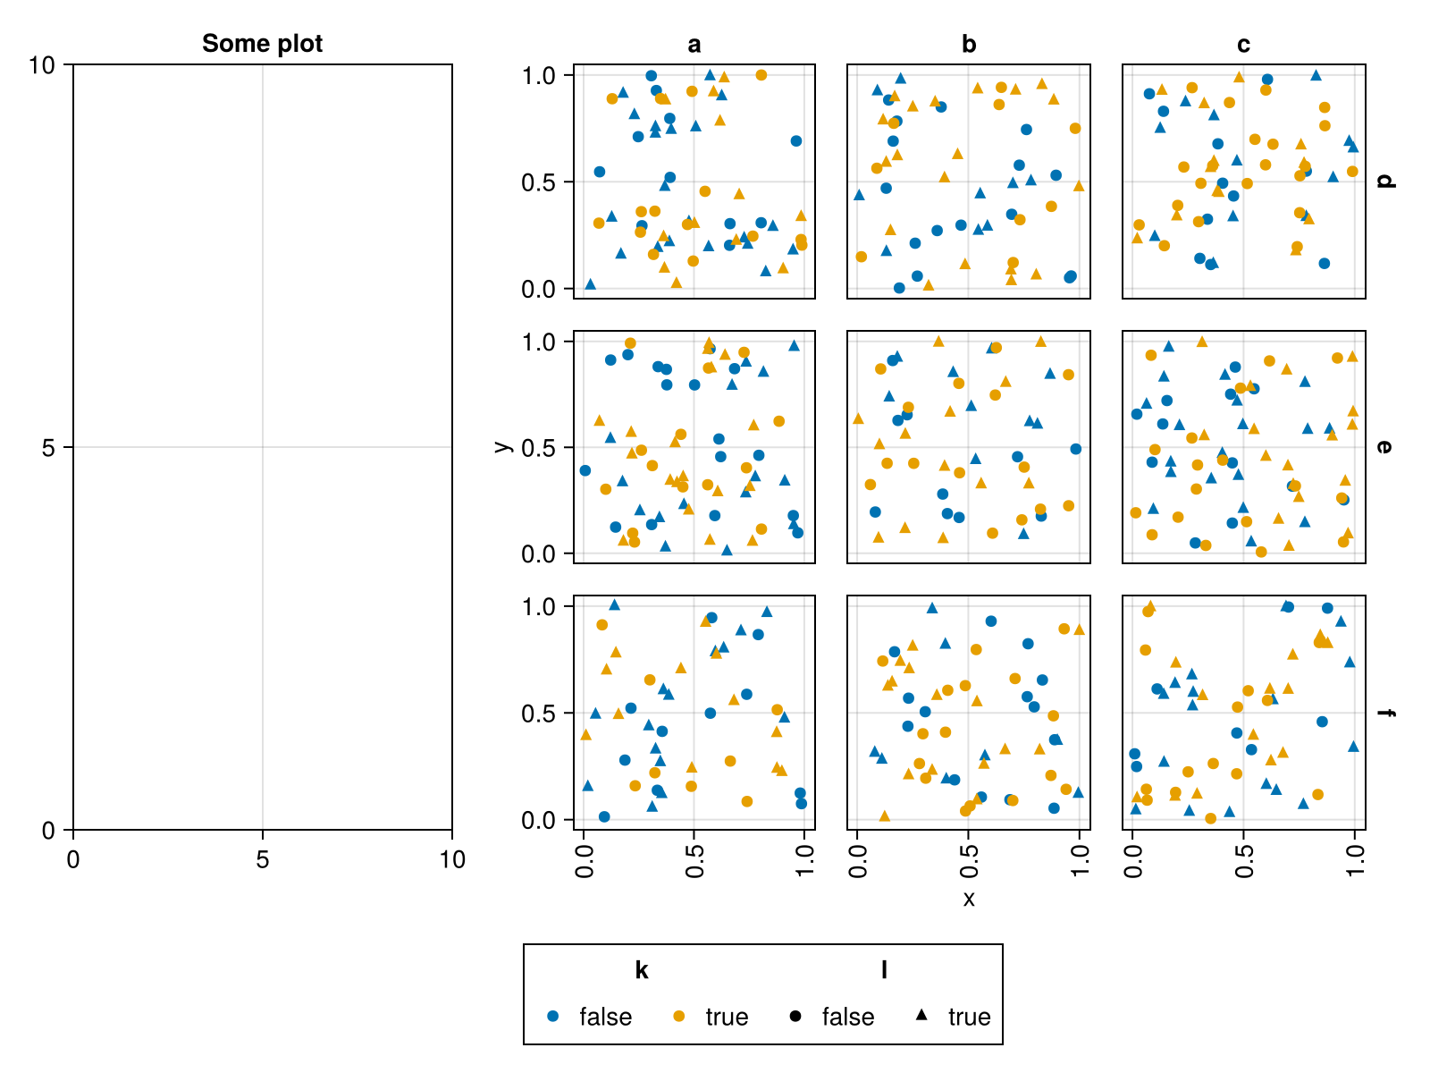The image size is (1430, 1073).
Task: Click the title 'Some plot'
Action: (x=262, y=43)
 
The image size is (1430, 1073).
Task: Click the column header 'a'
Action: (x=694, y=45)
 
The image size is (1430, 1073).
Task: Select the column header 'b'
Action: (x=969, y=45)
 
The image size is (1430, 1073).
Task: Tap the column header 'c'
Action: (x=1243, y=45)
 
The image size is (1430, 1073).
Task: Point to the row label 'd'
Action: (x=1384, y=182)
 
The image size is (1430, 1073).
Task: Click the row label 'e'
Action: (x=1384, y=447)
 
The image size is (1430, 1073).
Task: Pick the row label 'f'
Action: (x=1384, y=713)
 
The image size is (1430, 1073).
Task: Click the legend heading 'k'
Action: (x=642, y=970)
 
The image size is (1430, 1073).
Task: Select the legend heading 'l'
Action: (x=884, y=970)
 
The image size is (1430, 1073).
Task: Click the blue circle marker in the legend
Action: (x=552, y=1016)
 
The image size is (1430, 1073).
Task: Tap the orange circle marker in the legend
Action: (x=679, y=1016)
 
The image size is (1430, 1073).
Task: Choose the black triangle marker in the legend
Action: (x=922, y=1016)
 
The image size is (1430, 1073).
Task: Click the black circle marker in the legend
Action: (x=795, y=1016)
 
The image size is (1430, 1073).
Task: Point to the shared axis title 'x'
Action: (x=969, y=899)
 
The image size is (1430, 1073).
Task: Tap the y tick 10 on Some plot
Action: (x=41, y=64)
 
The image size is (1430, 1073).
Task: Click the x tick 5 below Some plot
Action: (x=262, y=859)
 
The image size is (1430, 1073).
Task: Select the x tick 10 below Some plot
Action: (x=452, y=859)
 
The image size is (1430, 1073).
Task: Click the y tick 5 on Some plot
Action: (x=48, y=447)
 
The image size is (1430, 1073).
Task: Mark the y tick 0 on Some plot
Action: (x=48, y=830)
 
